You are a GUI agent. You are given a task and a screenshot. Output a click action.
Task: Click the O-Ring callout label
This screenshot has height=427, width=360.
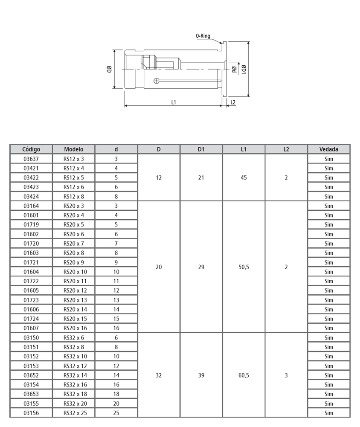coord(203,36)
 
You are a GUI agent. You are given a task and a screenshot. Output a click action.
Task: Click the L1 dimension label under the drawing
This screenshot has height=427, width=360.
coord(174,102)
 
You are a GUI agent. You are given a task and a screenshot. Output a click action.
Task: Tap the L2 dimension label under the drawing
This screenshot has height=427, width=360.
coord(232,102)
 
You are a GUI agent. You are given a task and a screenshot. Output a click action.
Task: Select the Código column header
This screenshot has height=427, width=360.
coord(31,149)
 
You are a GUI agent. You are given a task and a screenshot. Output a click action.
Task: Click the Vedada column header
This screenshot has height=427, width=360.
coord(328,149)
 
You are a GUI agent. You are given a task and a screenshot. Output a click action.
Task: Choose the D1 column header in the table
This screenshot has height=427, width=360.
coord(201,149)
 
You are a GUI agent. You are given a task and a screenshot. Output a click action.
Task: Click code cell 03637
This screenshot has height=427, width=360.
coord(31,159)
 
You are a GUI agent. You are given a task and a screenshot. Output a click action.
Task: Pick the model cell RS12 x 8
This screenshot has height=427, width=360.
coord(74,197)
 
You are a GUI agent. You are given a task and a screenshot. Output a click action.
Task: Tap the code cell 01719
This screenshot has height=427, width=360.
coord(31,225)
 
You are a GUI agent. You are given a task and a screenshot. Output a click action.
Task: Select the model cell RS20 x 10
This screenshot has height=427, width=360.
coord(75,272)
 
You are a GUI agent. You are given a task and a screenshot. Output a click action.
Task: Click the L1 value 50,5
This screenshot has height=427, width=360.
coord(244,267)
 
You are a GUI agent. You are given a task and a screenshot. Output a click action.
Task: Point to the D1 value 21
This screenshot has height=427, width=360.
coord(201,177)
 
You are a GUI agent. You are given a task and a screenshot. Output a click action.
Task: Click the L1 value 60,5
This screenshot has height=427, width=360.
coord(244,375)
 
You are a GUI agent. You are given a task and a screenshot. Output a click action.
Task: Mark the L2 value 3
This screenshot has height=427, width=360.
coord(286,375)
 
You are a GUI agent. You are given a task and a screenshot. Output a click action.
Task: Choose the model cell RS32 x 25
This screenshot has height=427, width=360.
coord(75,413)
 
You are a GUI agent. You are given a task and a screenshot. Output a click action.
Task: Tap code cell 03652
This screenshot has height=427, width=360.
coord(31,375)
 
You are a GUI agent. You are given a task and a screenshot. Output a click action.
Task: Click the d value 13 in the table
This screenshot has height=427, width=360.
coord(116,300)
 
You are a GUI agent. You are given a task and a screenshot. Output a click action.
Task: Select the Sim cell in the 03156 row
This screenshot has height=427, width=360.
coord(328,413)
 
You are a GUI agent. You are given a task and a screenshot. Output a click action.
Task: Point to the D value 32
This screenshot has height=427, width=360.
coord(159,375)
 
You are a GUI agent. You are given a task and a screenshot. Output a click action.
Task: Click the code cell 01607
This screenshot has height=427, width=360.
coord(31,328)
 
